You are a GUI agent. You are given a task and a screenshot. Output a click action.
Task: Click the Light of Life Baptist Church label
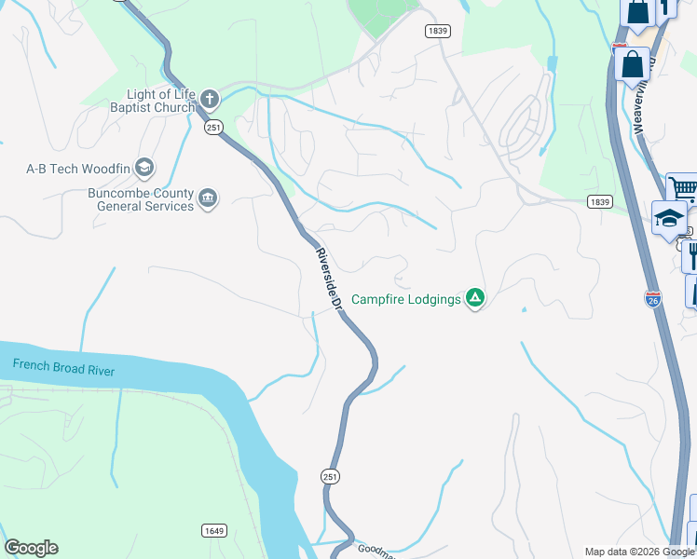click(x=160, y=101)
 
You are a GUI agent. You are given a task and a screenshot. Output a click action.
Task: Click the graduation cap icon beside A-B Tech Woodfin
click(x=144, y=168)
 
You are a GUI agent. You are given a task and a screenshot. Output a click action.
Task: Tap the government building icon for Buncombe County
click(x=208, y=198)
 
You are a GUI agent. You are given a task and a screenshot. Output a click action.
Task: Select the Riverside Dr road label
click(x=330, y=277)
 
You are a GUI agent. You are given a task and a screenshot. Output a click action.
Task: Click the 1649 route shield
click(x=214, y=530)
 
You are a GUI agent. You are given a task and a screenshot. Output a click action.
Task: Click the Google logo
click(x=31, y=548)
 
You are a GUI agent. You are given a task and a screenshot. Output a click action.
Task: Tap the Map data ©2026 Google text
click(x=638, y=552)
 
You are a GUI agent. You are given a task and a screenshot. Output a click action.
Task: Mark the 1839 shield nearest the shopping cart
click(x=599, y=201)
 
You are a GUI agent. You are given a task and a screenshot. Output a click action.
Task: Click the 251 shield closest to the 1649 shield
click(x=330, y=476)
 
